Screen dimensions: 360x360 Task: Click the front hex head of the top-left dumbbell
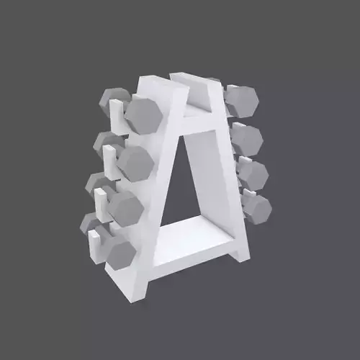[x=143, y=114]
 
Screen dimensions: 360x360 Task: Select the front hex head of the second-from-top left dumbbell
[x=135, y=163]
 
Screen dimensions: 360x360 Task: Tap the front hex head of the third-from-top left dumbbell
[x=125, y=208]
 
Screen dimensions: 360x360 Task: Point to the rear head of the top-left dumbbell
[x=113, y=101]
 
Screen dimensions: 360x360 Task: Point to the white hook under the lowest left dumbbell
[x=94, y=246]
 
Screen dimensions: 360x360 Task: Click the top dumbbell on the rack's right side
[x=241, y=100]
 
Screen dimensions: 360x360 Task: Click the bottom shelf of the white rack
[x=191, y=241]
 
